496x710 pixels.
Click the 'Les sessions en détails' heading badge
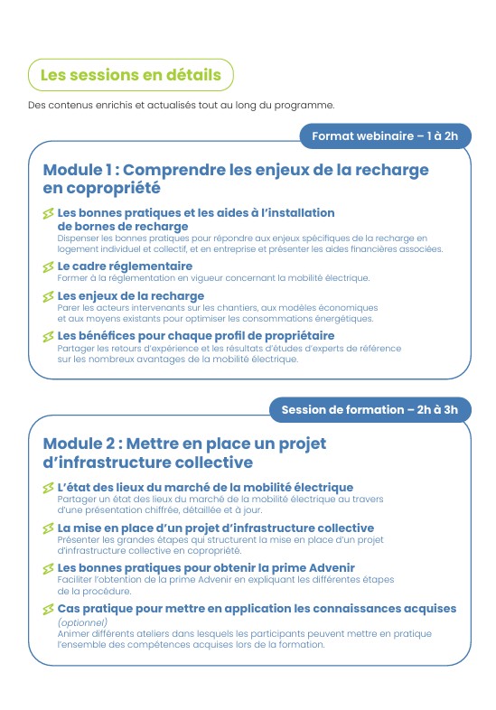tap(131, 75)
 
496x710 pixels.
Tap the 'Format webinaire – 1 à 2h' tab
tap(385, 136)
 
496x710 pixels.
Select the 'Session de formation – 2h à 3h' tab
tap(370, 409)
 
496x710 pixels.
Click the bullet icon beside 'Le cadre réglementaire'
tap(48, 267)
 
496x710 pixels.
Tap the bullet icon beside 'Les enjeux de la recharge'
tap(48, 297)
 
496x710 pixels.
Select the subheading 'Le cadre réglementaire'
tap(125, 266)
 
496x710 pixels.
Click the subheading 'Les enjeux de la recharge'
tap(131, 296)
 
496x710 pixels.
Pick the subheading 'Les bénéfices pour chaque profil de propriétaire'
tap(195, 336)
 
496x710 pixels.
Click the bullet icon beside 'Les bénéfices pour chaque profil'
tap(48, 337)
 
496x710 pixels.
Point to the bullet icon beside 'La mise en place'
tap(48, 528)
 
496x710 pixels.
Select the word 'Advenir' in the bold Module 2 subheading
tap(327, 567)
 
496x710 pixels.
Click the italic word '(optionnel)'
tap(82, 621)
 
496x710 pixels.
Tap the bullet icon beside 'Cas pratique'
tap(48, 610)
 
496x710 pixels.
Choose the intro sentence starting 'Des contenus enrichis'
tap(181, 104)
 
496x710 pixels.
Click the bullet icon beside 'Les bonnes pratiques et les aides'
tap(48, 214)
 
